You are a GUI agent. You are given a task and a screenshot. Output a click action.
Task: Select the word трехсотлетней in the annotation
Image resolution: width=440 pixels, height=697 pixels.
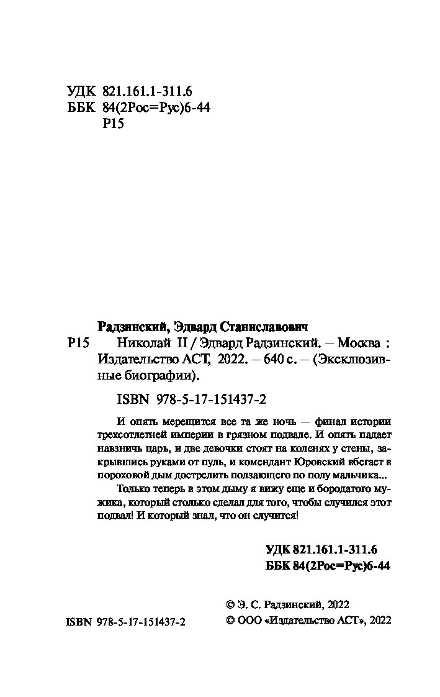pyautogui.click(x=132, y=433)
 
